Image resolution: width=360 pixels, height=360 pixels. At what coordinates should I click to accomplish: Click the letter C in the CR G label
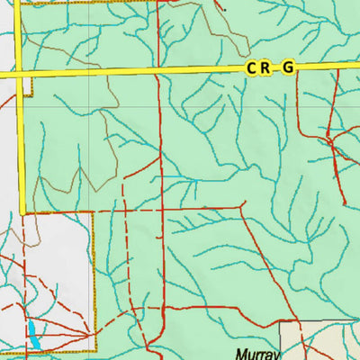(250, 68)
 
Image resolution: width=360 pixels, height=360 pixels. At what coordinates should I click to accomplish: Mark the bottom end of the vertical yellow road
(21, 213)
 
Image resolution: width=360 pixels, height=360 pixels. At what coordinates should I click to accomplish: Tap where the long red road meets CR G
(159, 71)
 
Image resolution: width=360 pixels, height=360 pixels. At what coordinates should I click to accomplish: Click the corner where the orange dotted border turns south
(94, 214)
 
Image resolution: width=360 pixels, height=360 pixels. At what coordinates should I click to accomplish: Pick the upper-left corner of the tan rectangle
(280, 321)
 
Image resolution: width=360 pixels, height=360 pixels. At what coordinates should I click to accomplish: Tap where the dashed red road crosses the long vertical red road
(159, 210)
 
